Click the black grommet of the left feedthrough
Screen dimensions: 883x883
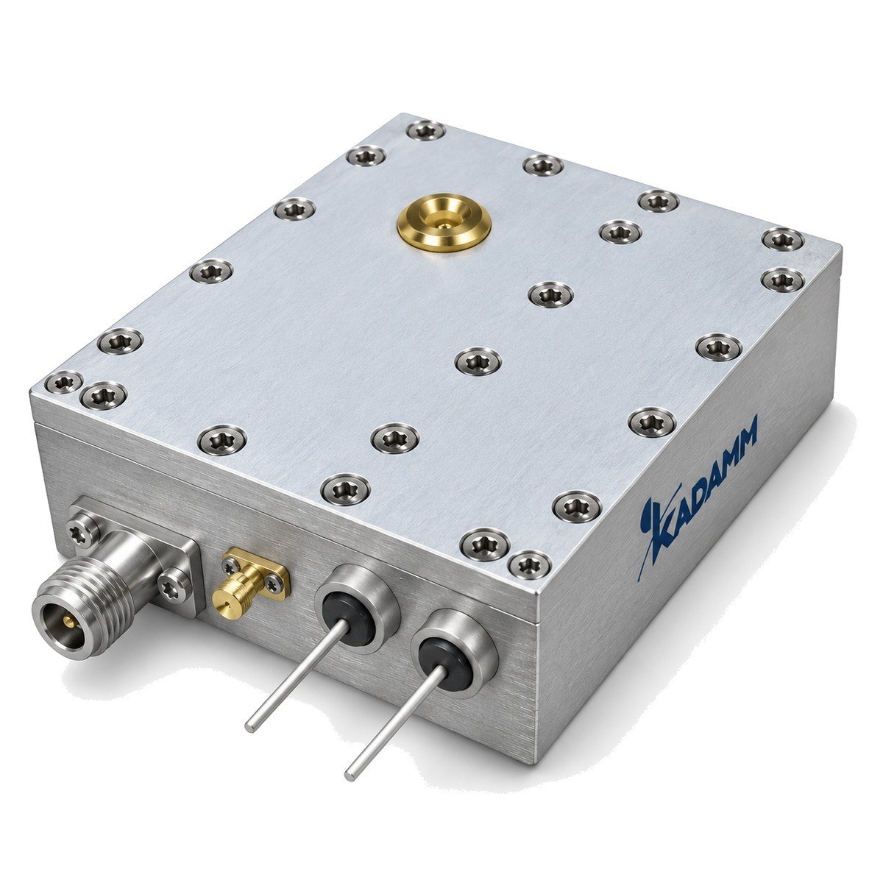pyautogui.click(x=350, y=619)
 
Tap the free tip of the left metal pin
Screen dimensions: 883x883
pyautogui.click(x=250, y=727)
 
